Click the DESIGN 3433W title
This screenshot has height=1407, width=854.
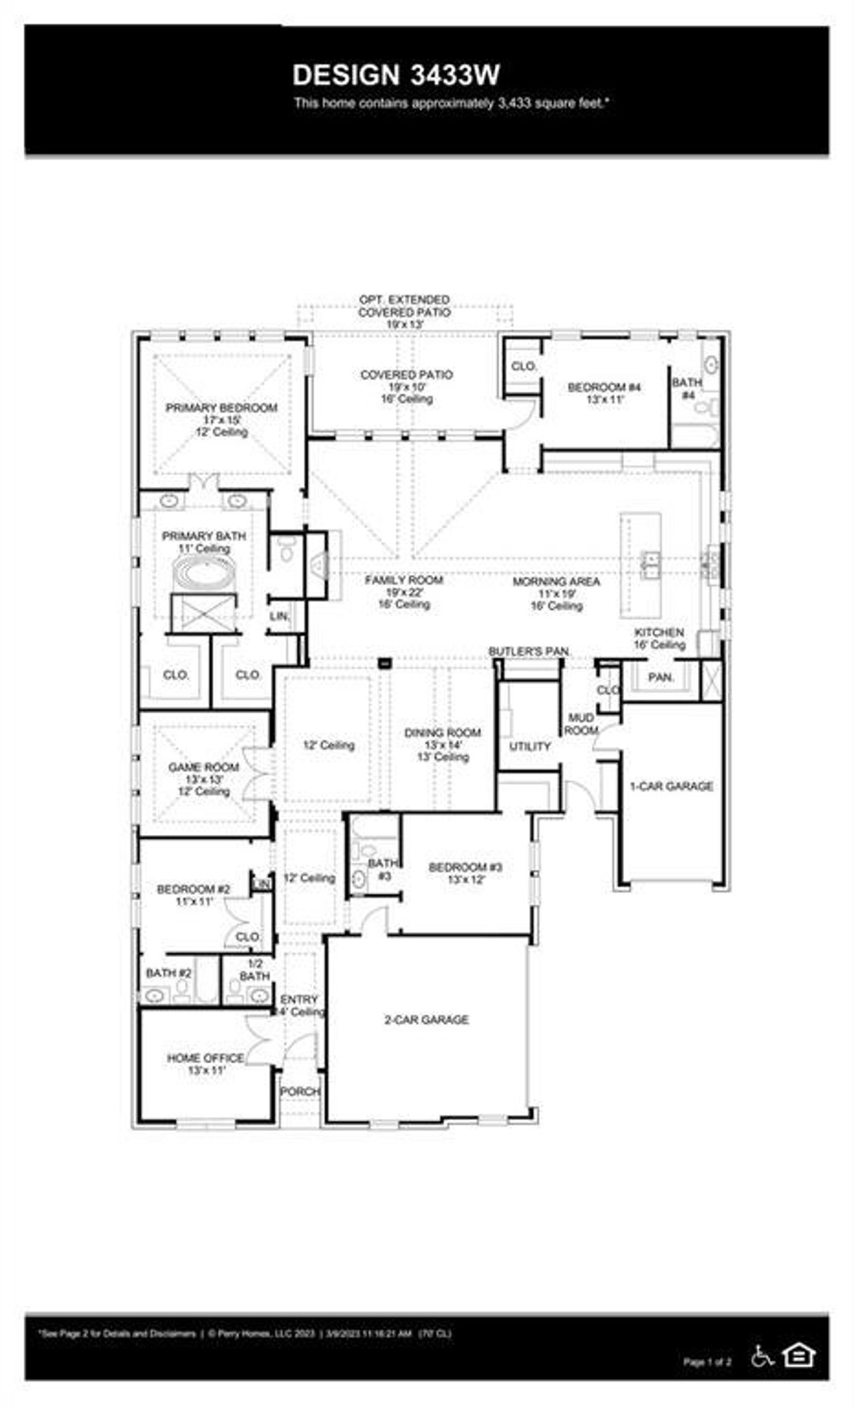point(396,75)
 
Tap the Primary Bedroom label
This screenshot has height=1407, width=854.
point(222,408)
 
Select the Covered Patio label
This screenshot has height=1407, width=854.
point(406,375)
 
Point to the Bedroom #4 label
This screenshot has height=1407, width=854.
point(604,387)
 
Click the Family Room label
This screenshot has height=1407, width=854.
point(404,581)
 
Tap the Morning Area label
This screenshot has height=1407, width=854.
point(556,582)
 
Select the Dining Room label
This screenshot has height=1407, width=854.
point(442,733)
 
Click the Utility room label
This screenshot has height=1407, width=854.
point(530,746)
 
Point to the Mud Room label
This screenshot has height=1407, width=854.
point(581,724)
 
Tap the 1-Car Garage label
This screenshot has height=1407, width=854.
point(671,786)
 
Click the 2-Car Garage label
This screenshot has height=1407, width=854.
point(426,1020)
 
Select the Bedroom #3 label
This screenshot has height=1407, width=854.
point(465,868)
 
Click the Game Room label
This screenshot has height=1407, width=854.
point(203,768)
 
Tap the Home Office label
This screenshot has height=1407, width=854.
point(205,1058)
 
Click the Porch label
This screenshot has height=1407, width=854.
point(300,1092)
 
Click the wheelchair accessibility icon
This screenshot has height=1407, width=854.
point(762,1355)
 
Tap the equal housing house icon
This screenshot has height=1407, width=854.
point(799,1354)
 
